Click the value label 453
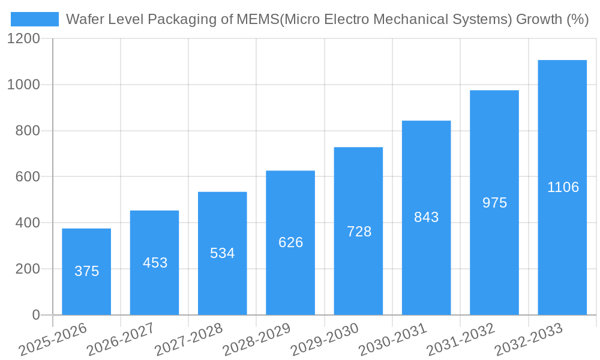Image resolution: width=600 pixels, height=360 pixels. click(155, 263)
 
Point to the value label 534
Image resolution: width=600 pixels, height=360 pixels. click(223, 253)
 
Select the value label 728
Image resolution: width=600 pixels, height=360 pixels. click(359, 232)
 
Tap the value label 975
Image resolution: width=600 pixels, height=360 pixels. click(494, 203)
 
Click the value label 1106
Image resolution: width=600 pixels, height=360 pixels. click(563, 187)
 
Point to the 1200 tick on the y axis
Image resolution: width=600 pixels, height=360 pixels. click(23, 39)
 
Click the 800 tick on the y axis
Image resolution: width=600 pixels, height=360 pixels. click(28, 131)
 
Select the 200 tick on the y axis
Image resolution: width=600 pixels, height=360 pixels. click(28, 269)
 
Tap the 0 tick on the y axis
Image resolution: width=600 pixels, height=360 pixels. click(36, 315)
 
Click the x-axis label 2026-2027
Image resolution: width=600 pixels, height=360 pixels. click(121, 339)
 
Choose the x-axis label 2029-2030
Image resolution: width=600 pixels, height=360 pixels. click(325, 339)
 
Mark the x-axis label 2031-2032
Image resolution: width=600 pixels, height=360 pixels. click(461, 339)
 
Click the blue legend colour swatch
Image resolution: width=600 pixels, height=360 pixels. click(35, 19)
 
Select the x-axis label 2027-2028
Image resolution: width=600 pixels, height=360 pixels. click(188, 339)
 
